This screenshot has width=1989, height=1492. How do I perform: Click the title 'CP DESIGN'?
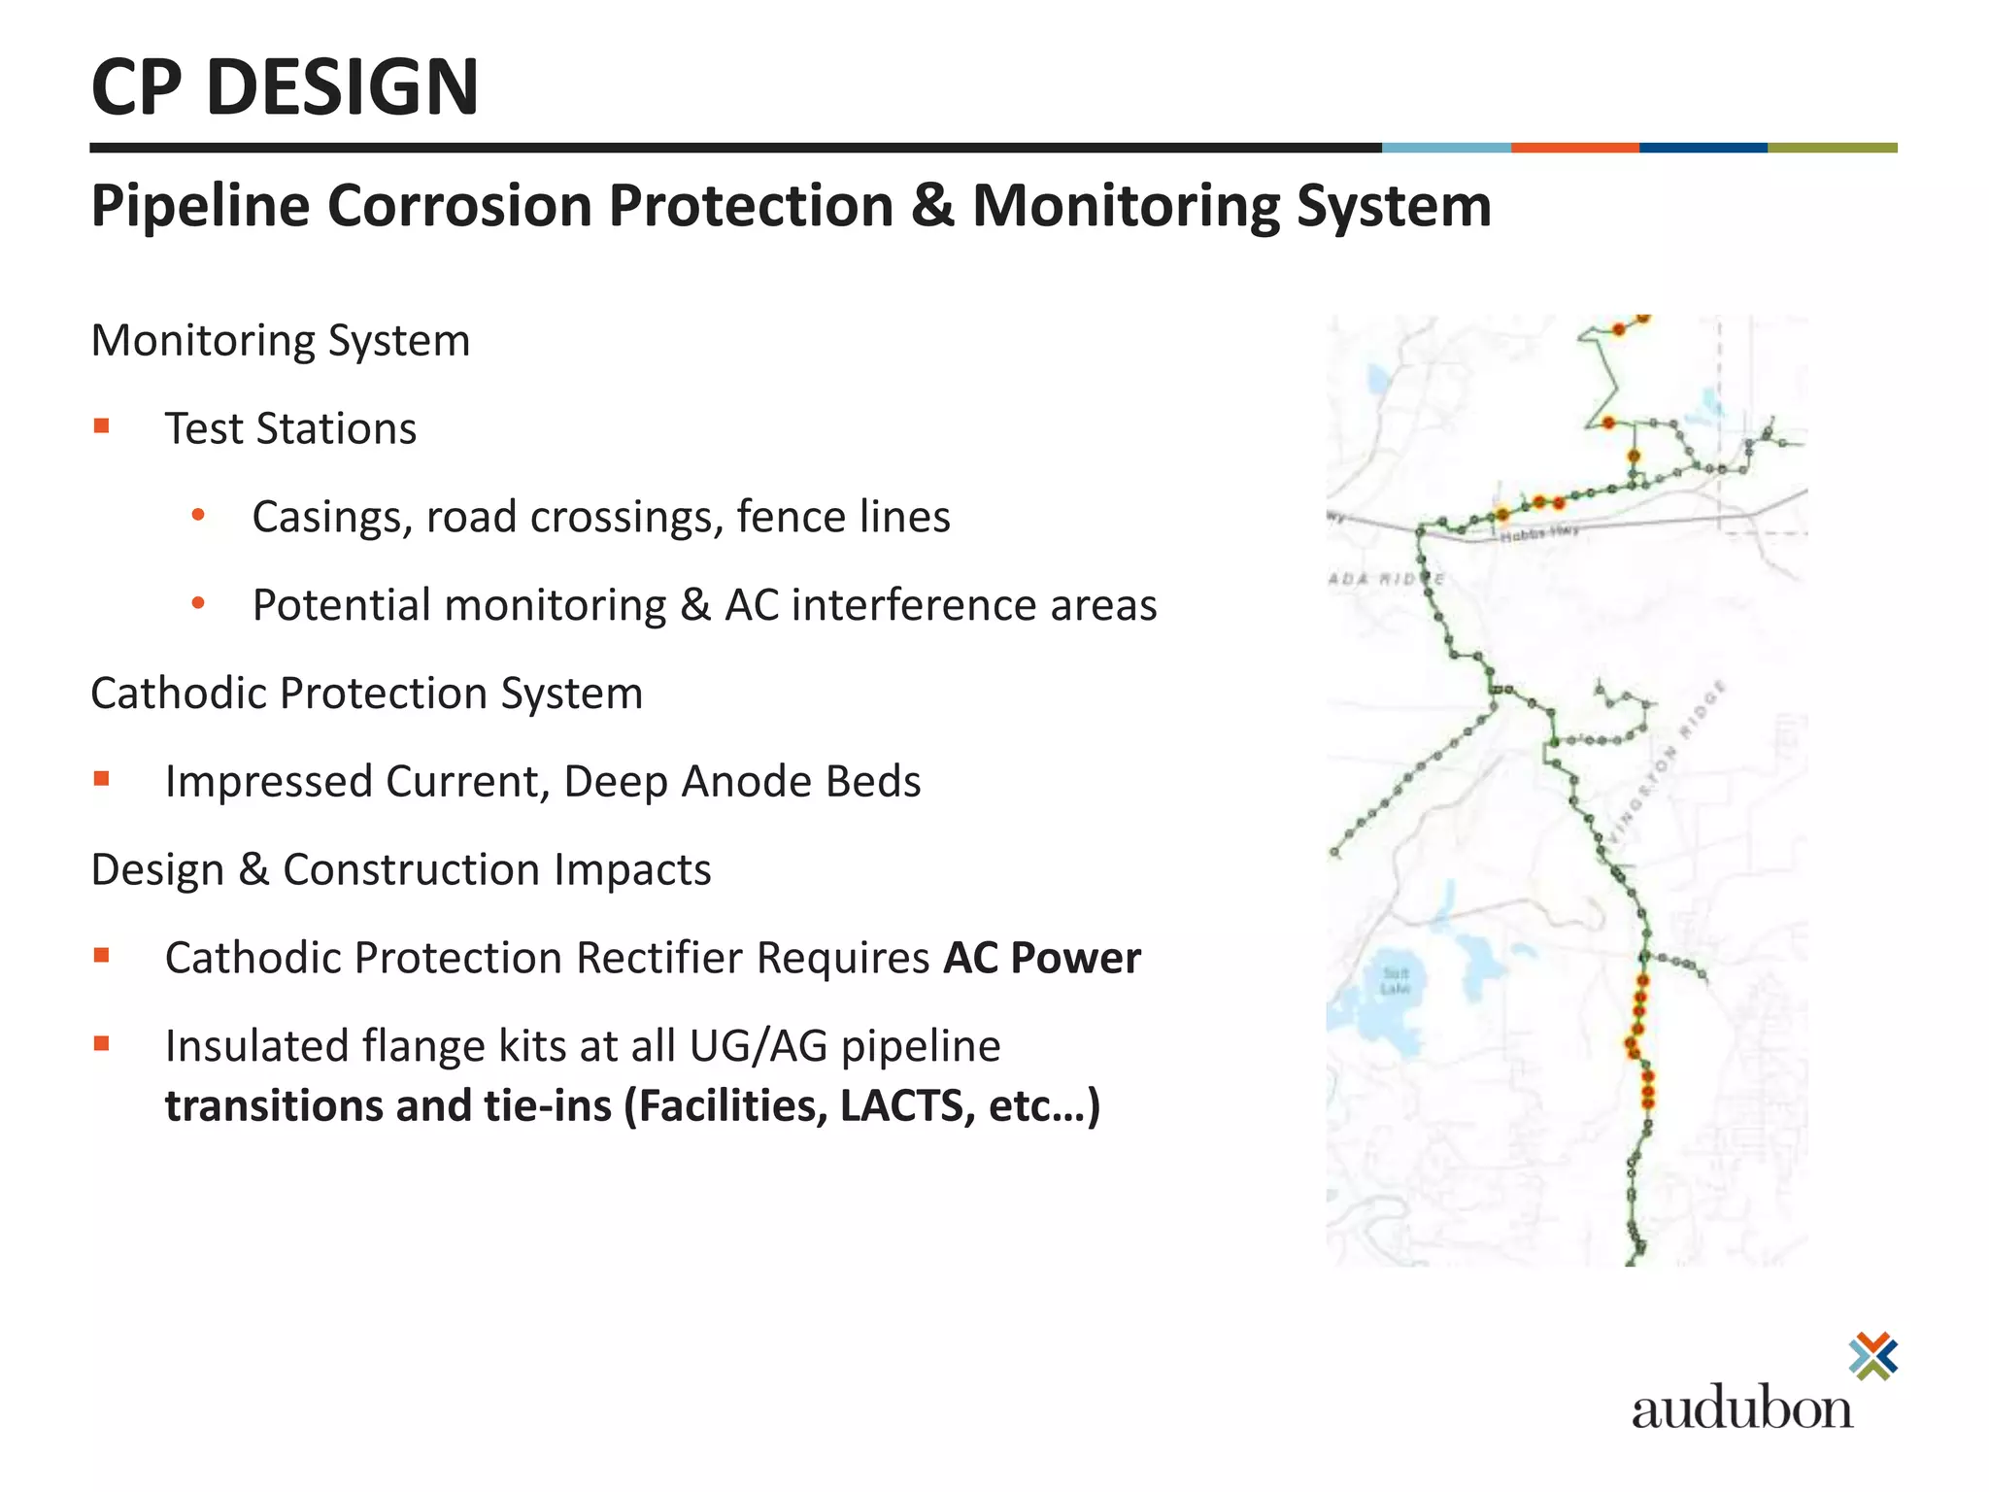[285, 87]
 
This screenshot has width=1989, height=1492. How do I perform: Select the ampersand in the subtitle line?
[932, 206]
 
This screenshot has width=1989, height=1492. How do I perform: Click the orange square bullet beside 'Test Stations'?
[102, 425]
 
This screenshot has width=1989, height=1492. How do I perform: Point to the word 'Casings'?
[330, 517]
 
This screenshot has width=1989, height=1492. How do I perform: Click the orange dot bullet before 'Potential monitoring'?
[198, 603]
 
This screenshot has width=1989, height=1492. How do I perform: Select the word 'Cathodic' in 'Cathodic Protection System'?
[176, 694]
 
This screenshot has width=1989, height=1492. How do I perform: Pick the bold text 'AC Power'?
[1042, 958]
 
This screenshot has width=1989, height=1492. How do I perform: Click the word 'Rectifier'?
[664, 958]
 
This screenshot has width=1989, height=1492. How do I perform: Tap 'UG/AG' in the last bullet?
[759, 1046]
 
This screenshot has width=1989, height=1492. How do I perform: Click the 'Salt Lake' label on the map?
[1396, 980]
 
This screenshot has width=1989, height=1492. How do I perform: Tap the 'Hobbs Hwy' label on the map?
[1538, 534]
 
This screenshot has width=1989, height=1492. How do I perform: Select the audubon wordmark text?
[1741, 1408]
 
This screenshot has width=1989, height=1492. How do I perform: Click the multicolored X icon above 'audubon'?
[1873, 1356]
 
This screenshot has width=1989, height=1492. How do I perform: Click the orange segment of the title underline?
[1574, 148]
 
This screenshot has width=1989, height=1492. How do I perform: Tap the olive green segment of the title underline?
[1832, 148]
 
